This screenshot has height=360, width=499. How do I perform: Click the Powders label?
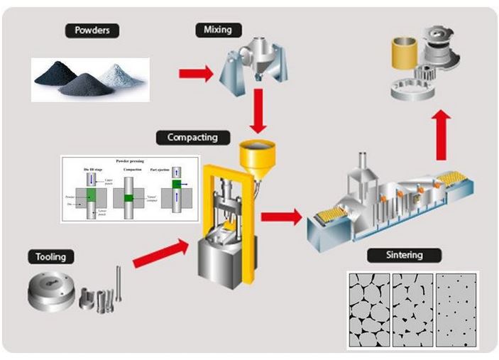pyautogui.click(x=92, y=31)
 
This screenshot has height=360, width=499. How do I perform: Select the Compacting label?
pyautogui.click(x=192, y=137)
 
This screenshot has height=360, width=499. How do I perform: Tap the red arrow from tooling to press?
pyautogui.click(x=161, y=253)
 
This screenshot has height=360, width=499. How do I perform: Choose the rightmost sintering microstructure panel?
pyautogui.click(x=456, y=310)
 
